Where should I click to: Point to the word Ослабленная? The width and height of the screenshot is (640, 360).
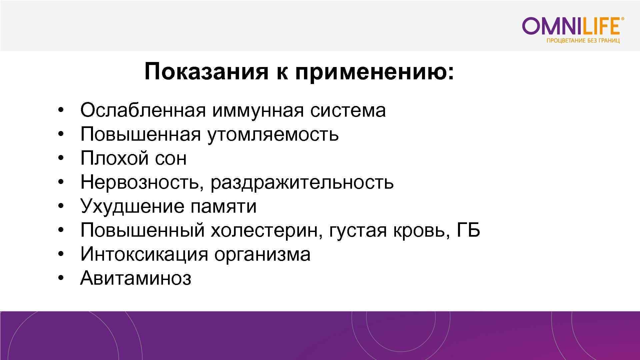(x=143, y=110)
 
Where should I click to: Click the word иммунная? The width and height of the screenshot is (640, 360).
(x=257, y=110)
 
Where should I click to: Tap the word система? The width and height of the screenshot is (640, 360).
(x=348, y=111)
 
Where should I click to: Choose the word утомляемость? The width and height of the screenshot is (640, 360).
(x=273, y=135)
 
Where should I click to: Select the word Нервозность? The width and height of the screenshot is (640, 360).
(x=140, y=183)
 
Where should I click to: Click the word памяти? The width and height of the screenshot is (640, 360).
(x=223, y=207)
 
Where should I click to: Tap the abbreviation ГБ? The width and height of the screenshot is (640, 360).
(x=468, y=230)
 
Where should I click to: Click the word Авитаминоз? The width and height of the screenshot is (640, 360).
(x=136, y=278)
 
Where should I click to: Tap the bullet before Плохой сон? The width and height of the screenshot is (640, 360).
(x=60, y=159)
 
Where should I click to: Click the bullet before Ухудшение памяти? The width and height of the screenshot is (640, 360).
(x=60, y=207)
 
